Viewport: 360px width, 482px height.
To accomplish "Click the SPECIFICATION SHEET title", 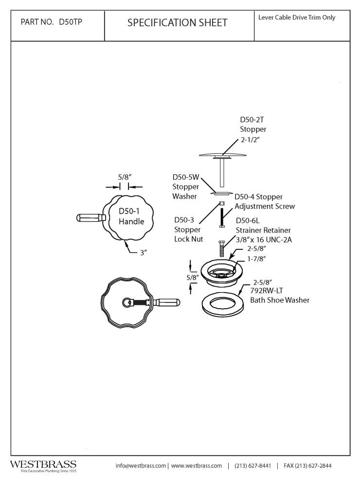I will click(x=177, y=23).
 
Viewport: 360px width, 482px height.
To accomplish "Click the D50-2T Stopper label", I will click(x=253, y=124).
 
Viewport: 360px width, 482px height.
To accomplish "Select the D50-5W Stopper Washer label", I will click(x=185, y=187).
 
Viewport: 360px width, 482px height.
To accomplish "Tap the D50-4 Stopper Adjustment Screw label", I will click(x=265, y=202).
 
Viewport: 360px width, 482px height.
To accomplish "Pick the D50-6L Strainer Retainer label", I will click(x=263, y=230).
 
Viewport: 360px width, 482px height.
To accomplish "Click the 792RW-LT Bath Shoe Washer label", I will click(x=279, y=295).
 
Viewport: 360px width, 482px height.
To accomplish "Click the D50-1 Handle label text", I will click(x=131, y=216).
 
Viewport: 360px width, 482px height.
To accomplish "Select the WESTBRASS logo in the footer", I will click(x=43, y=465).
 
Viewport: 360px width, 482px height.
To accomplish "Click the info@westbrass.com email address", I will click(x=141, y=465).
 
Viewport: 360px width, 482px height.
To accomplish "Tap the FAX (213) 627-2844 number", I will click(x=307, y=465).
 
